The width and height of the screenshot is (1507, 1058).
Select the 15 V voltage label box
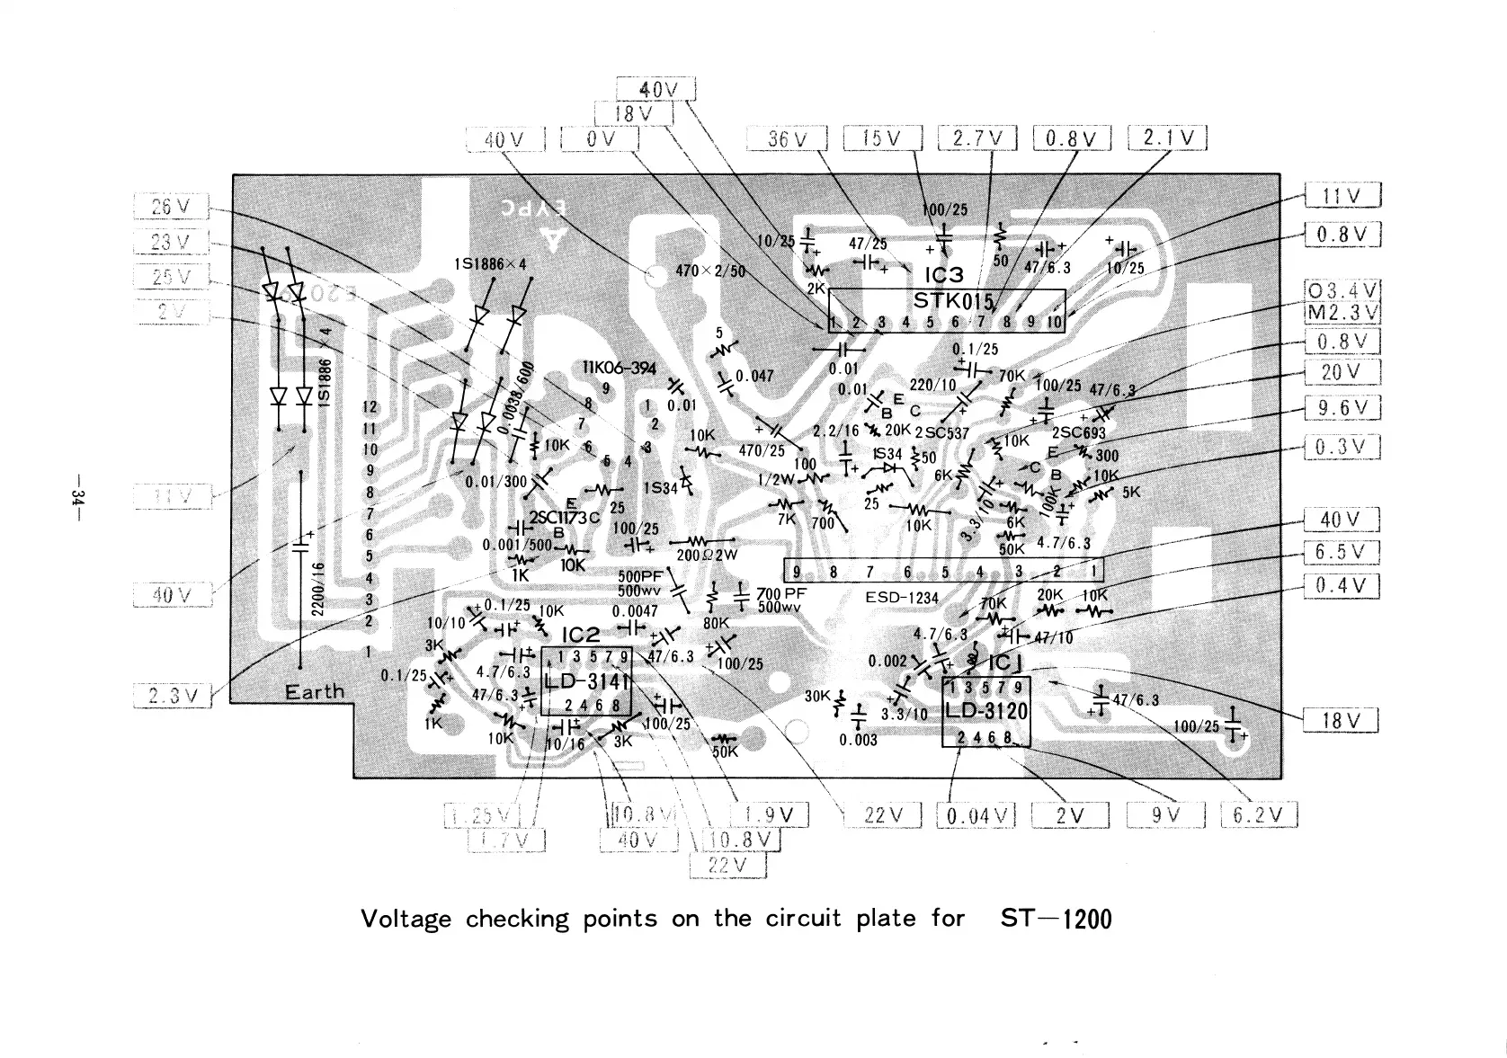tap(882, 138)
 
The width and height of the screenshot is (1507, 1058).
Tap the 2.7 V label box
tap(977, 138)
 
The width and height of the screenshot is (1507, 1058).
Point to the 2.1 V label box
tap(1167, 138)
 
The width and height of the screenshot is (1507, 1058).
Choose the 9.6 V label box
tap(1342, 409)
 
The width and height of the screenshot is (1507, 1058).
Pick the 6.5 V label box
tap(1341, 552)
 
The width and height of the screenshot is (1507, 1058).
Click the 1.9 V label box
tap(770, 815)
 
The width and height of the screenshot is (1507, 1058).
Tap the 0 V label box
tap(600, 139)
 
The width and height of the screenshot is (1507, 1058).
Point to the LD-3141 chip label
tap(586, 681)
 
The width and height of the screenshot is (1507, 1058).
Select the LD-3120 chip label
tap(985, 711)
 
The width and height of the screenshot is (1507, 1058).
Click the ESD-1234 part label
tap(902, 598)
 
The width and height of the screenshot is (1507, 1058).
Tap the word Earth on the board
tap(315, 692)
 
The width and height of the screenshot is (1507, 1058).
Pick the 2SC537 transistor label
tap(942, 432)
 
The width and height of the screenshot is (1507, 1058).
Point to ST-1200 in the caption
tap(1056, 919)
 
